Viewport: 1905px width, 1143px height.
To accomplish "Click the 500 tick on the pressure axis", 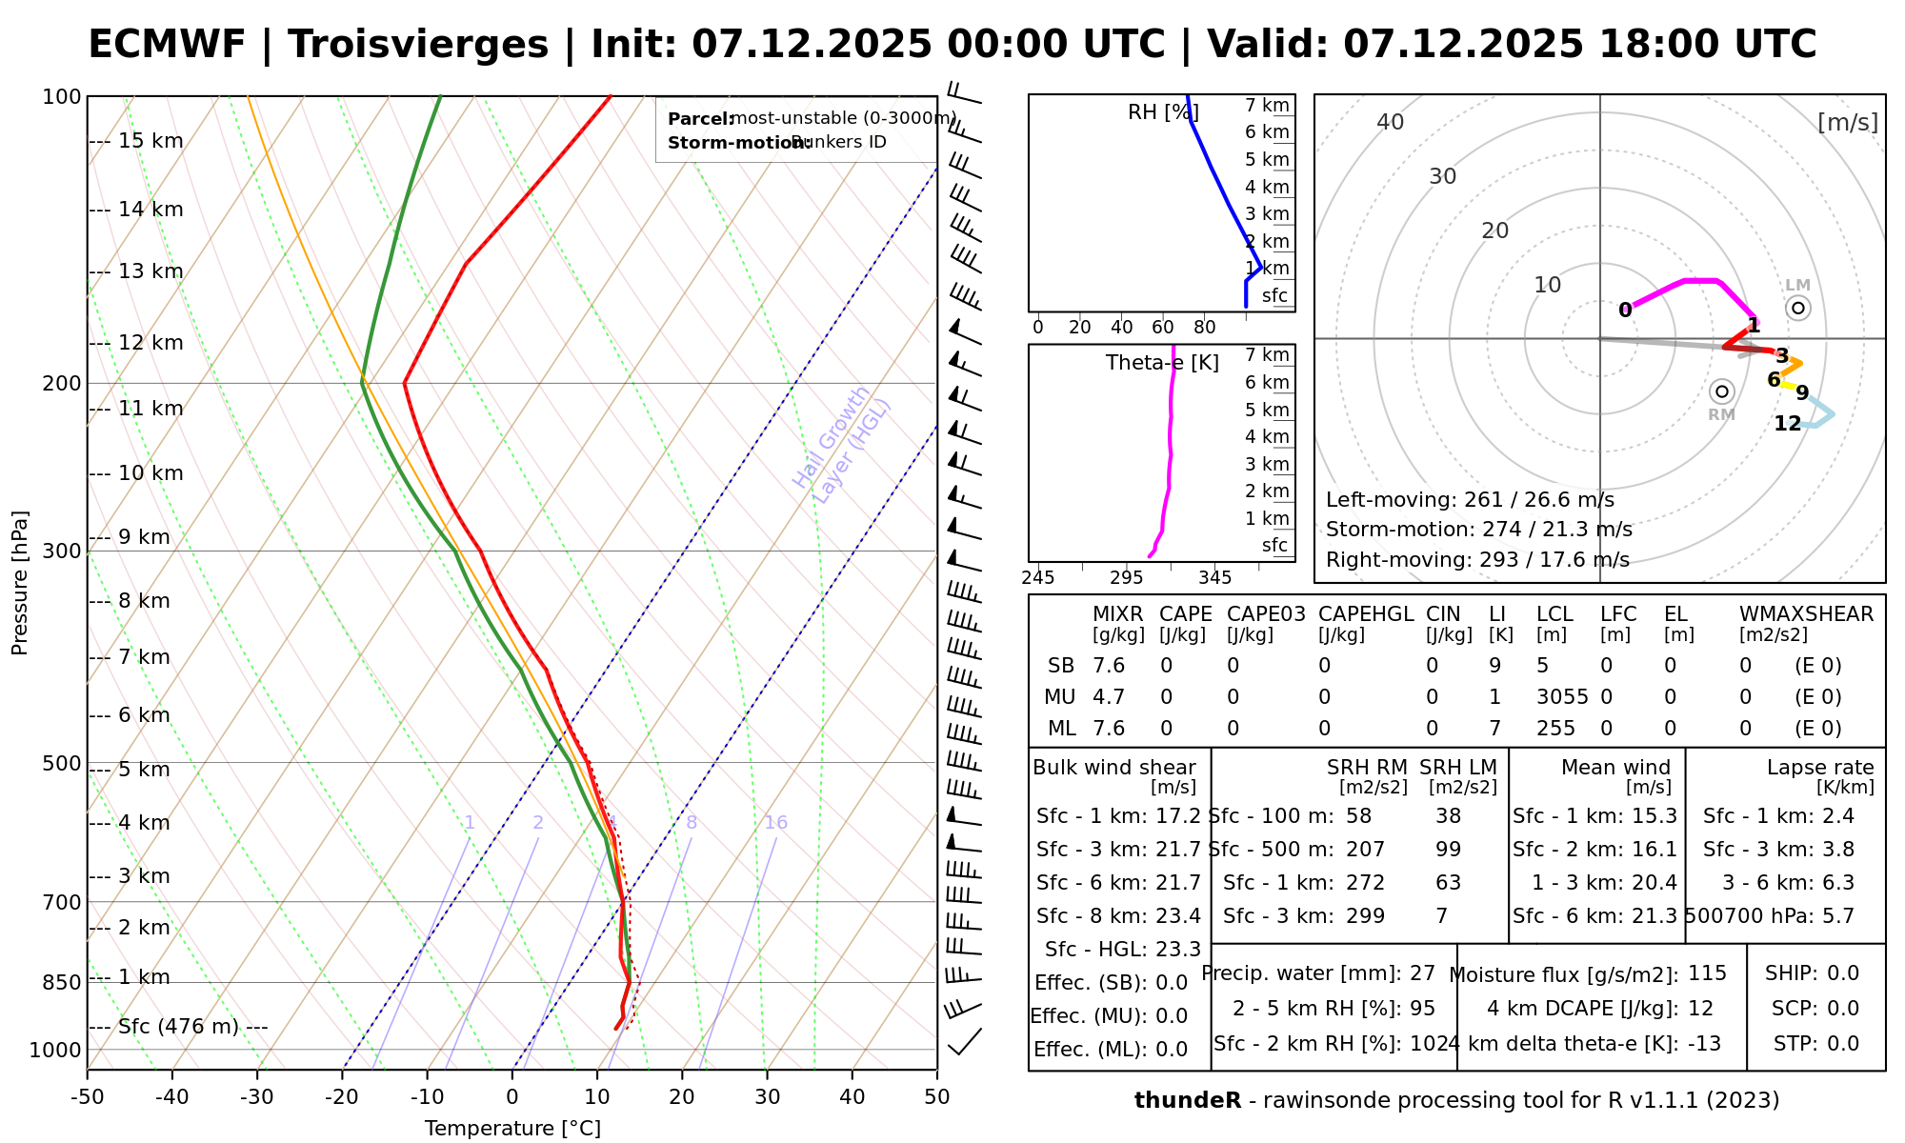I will [61, 764].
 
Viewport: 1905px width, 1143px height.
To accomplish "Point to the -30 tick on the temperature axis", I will [256, 1097].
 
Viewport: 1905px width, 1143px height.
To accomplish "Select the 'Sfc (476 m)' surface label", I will [178, 1027].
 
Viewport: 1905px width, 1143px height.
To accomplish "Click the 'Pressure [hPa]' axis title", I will [20, 583].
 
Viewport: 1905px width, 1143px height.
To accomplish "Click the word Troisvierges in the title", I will [418, 45].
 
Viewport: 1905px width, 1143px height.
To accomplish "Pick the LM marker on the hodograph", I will [1797, 308].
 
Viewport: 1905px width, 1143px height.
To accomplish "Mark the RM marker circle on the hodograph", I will [1721, 391].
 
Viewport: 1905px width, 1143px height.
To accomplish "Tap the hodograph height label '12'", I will [1787, 424].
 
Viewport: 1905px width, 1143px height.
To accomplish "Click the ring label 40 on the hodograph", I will [1391, 122].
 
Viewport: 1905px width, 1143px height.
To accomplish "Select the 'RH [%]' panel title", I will [1163, 112].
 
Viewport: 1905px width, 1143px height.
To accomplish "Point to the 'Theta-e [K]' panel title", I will [1162, 363].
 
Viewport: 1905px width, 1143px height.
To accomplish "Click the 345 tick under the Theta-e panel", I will [1214, 578].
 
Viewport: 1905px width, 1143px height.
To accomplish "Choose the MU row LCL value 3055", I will [1562, 697].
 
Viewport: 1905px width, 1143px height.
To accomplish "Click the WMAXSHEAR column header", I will [1806, 614].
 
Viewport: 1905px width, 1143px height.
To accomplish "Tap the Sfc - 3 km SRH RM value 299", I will [1365, 916].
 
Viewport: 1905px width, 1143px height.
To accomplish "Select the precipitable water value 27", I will [1422, 973].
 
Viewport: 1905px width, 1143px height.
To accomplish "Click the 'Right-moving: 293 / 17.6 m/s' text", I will [1477, 560].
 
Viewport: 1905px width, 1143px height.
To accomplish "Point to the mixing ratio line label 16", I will [775, 823].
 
